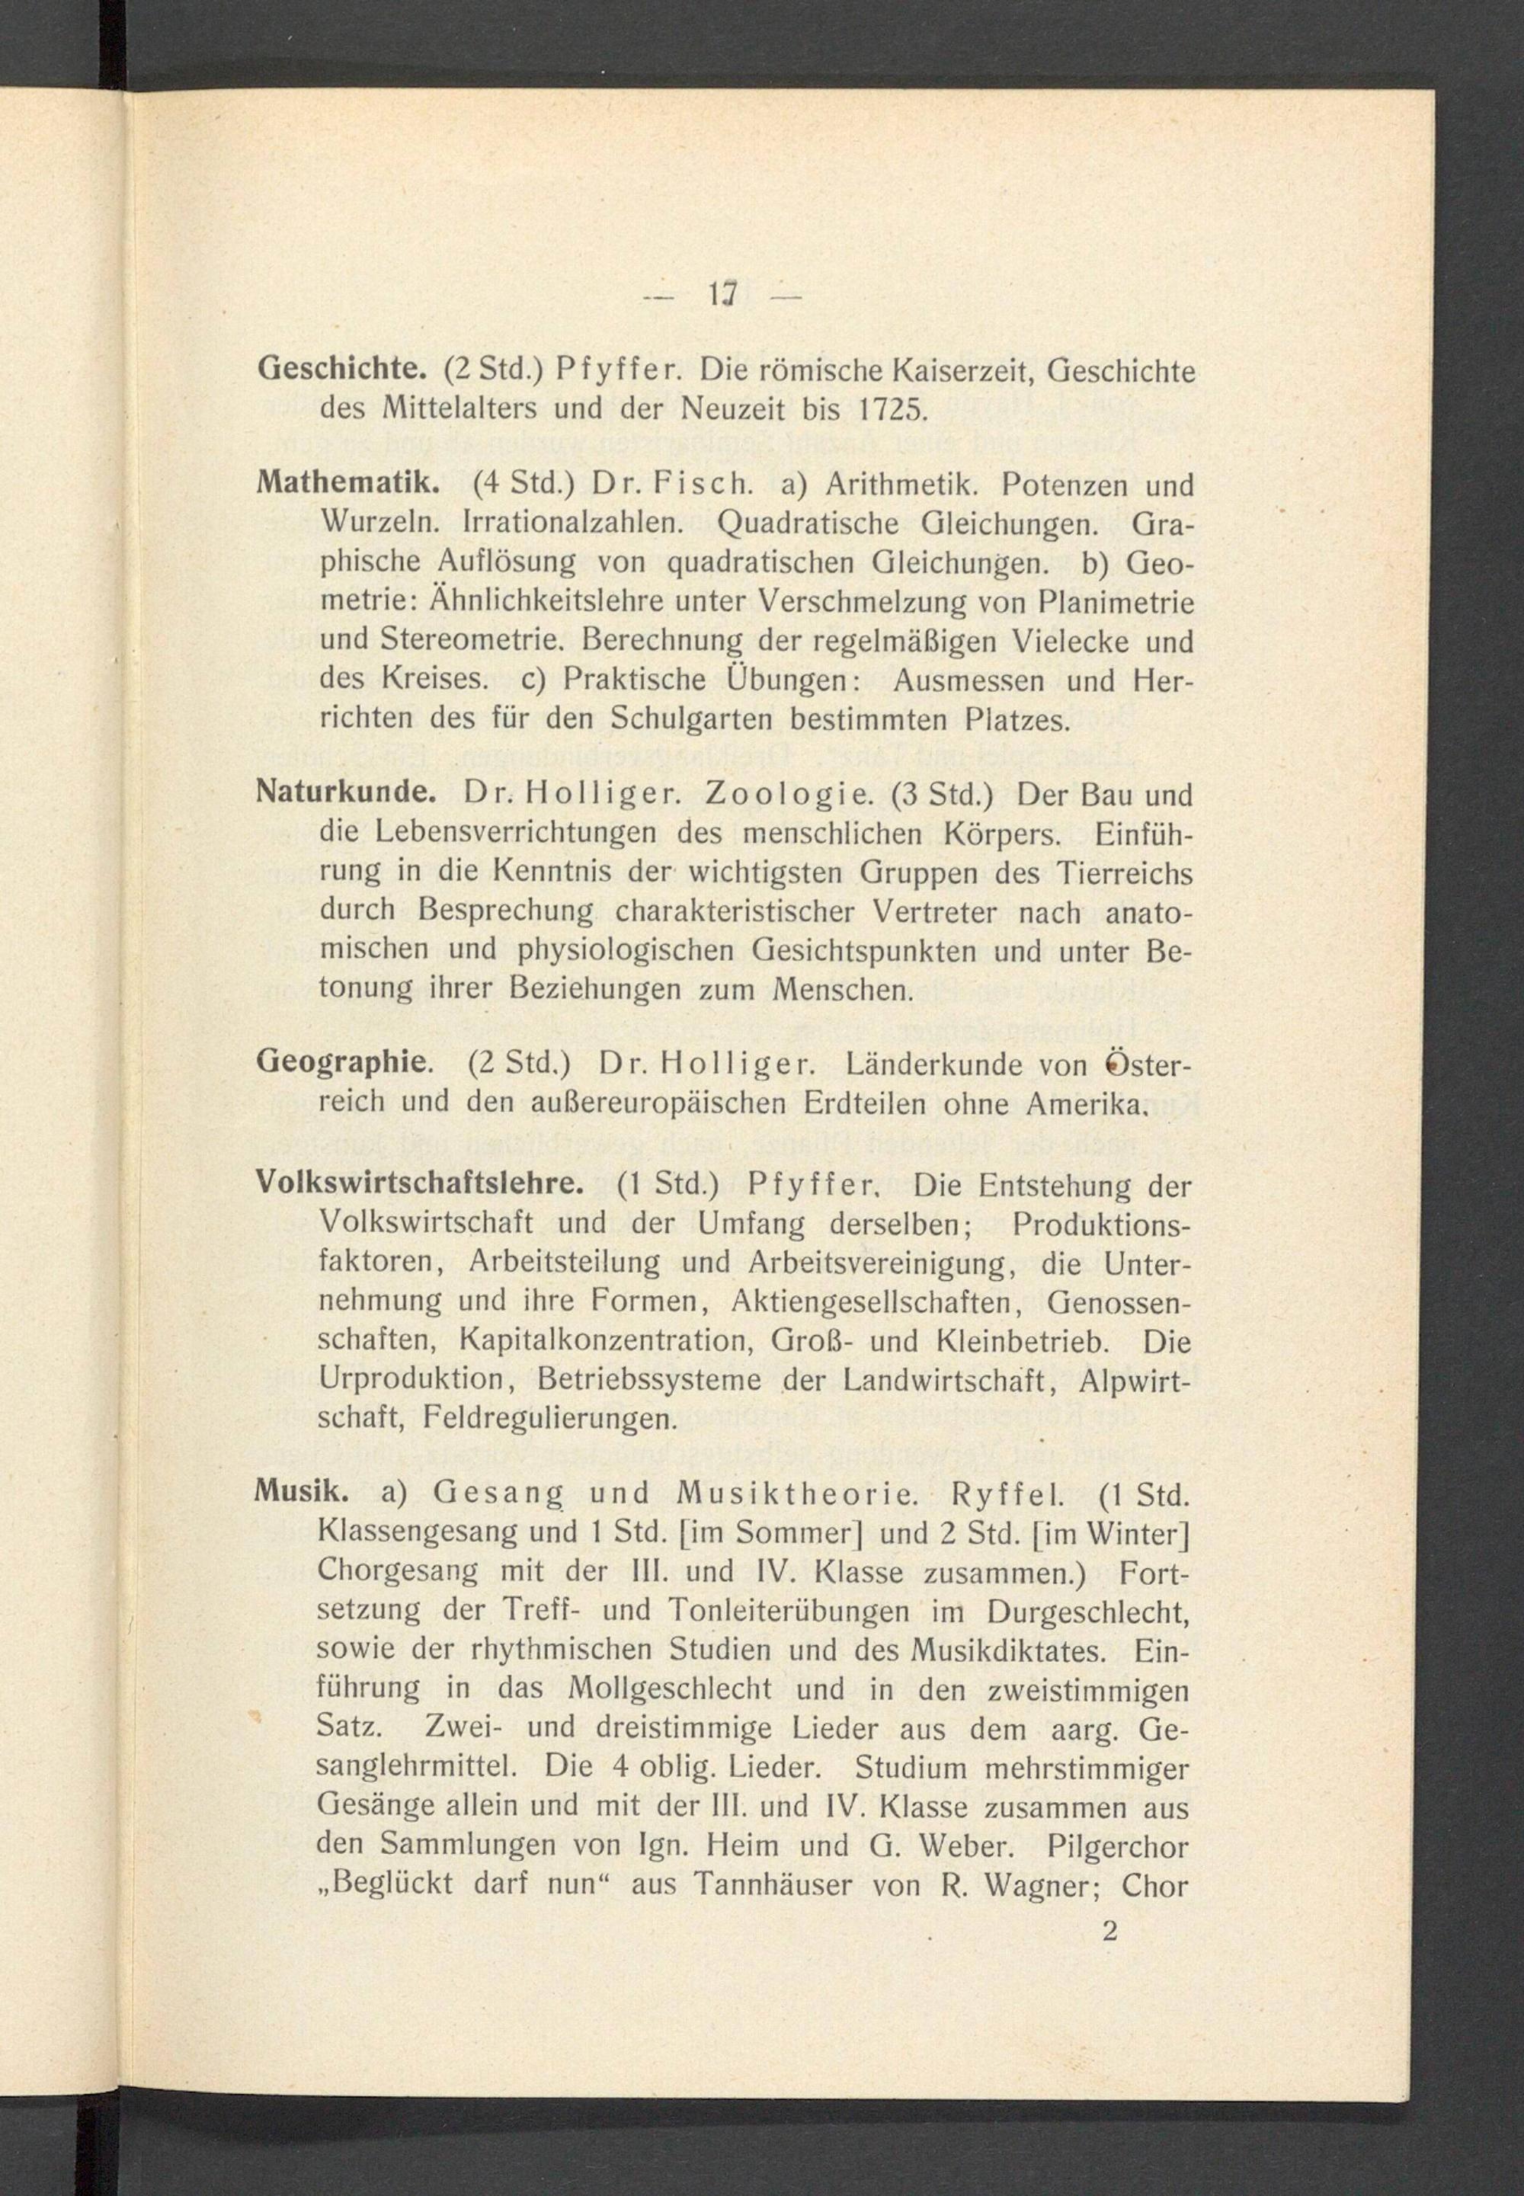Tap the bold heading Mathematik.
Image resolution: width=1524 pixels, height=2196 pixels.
(347, 485)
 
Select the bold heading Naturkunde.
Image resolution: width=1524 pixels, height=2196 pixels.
(346, 795)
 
